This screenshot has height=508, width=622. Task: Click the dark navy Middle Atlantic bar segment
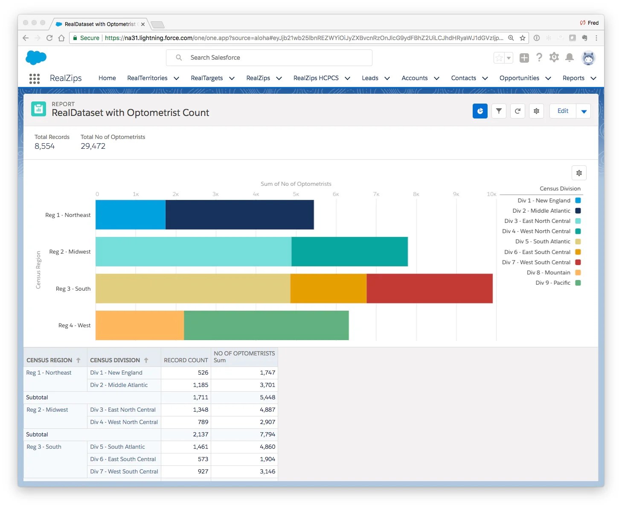pyautogui.click(x=239, y=215)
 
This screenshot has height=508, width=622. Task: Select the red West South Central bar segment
pyautogui.click(x=429, y=289)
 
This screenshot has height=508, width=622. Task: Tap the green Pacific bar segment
pyautogui.click(x=266, y=325)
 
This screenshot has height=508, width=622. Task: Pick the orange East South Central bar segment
pyautogui.click(x=328, y=289)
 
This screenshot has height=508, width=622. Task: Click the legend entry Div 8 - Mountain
pyautogui.click(x=548, y=273)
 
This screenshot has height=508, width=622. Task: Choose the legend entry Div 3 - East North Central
pyautogui.click(x=537, y=221)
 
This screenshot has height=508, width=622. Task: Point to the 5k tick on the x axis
pyautogui.click(x=296, y=194)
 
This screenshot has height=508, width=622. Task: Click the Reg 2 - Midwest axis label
pyautogui.click(x=70, y=252)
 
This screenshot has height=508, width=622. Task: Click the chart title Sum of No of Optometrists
pyautogui.click(x=296, y=184)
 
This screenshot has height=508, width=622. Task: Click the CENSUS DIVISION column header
pyautogui.click(x=115, y=360)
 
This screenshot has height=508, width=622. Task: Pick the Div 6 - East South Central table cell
pyautogui.click(x=123, y=459)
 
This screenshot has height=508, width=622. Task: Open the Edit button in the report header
pyautogui.click(x=563, y=111)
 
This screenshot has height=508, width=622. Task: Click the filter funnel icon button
pyautogui.click(x=499, y=111)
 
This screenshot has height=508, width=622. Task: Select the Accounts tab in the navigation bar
pyautogui.click(x=414, y=78)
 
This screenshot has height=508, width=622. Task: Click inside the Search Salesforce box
pyautogui.click(x=269, y=58)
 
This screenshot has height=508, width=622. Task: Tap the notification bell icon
pyautogui.click(x=569, y=58)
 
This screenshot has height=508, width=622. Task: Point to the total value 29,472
pyautogui.click(x=93, y=146)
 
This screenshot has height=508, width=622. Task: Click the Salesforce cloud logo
pyautogui.click(x=36, y=58)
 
